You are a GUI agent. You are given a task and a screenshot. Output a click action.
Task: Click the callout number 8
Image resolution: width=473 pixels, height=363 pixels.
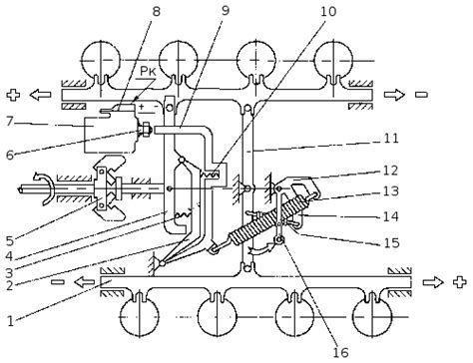(156, 11)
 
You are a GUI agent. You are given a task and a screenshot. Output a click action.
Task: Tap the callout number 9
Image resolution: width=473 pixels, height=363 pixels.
(226, 10)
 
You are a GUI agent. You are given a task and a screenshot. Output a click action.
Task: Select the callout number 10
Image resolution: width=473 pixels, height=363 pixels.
(328, 11)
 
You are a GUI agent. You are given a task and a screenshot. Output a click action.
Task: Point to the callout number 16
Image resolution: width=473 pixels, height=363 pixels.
(340, 352)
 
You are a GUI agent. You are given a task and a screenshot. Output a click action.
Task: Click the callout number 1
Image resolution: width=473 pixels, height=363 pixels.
(11, 321)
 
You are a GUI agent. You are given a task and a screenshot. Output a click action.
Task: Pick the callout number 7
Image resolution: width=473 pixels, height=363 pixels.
(9, 122)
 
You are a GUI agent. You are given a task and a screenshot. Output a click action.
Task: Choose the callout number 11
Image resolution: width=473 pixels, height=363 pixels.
(391, 138)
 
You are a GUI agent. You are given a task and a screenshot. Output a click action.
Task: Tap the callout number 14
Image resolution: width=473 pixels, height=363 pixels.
(391, 216)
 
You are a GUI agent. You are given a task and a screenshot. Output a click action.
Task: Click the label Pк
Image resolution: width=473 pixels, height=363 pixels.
(148, 71)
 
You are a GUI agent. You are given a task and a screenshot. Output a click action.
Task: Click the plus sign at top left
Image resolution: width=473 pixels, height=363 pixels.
(13, 95)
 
